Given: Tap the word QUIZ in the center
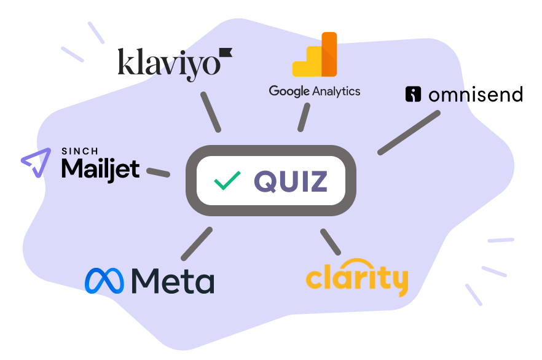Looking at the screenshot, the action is [291, 181].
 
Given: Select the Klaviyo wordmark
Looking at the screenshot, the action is [168, 64].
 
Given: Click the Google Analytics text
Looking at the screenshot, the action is [314, 92].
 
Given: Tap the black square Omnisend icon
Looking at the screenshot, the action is [413, 94].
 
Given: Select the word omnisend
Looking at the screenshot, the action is [475, 95].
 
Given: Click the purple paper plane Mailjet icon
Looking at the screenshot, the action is [36, 163].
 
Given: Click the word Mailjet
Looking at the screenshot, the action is [100, 169].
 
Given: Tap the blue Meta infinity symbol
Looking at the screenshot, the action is [104, 280].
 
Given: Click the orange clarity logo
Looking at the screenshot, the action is [356, 280].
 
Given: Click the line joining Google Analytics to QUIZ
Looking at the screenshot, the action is [303, 117].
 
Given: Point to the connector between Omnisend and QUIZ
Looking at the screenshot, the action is [409, 132].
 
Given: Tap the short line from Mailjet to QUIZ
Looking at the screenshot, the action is [159, 172].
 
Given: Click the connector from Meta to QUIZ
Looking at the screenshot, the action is [197, 243].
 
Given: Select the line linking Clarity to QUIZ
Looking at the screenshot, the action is [330, 241].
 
